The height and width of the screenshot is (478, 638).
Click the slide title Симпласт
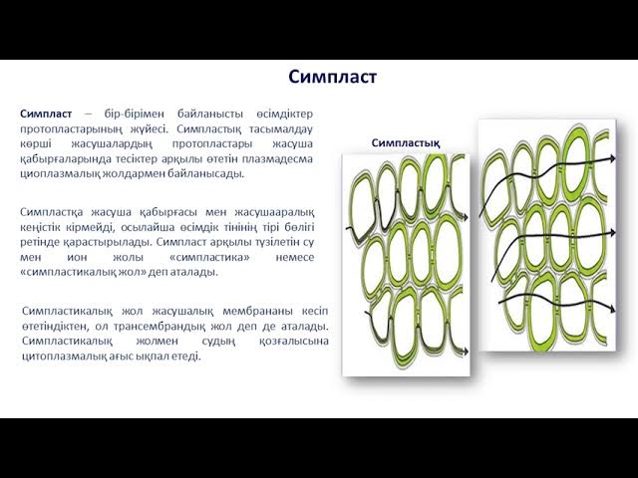pos(333,77)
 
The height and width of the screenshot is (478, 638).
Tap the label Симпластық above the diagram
pos(406,142)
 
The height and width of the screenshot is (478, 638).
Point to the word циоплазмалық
pos(61,172)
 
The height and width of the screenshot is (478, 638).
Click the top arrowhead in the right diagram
pos(609,158)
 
